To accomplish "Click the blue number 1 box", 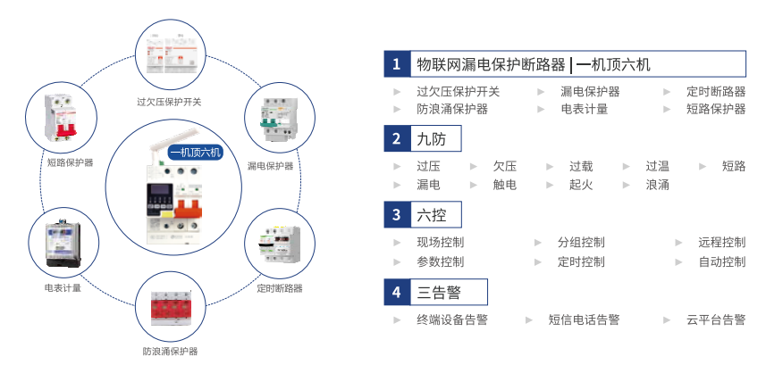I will coord(395,64).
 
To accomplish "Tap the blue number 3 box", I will coord(395,215).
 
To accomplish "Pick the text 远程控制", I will coord(722,243).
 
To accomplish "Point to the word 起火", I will coord(581,185).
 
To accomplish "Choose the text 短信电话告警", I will coord(584,319).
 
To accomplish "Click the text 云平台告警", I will coord(716,319).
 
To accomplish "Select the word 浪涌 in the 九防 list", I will coord(658,185).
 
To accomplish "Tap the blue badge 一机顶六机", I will coord(195,152).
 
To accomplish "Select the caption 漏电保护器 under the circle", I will coord(270,166).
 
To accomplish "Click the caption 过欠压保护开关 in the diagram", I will coord(169,102).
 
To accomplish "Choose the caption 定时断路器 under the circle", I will coord(280,288).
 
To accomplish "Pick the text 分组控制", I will coord(581,243).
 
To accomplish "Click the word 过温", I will coord(658,166).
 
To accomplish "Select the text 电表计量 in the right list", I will coord(585,109).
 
